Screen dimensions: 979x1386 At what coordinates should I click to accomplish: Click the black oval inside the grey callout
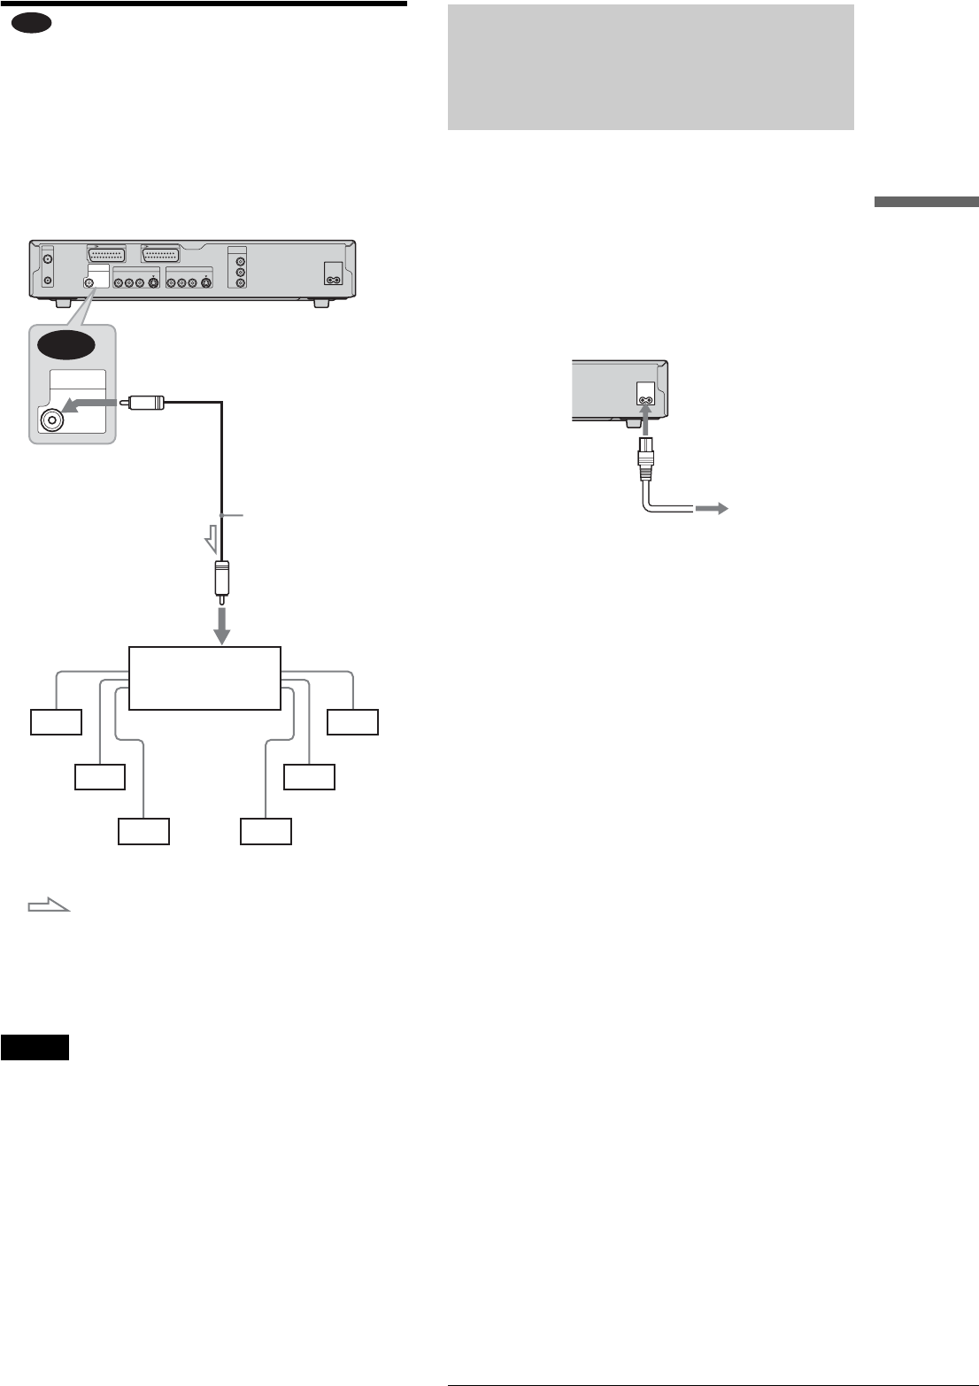pos(65,347)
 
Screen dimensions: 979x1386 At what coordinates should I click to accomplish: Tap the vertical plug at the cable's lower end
pos(223,581)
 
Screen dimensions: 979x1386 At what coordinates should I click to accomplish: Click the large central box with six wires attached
pos(204,677)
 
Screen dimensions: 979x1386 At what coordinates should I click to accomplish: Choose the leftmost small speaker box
pos(56,722)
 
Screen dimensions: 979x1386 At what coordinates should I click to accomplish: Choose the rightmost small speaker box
pos(353,722)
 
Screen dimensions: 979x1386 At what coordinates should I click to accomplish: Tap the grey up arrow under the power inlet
pos(645,420)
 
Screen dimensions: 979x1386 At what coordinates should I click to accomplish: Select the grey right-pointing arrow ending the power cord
pos(712,508)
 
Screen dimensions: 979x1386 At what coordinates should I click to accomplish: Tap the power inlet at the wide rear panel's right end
pos(334,273)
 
